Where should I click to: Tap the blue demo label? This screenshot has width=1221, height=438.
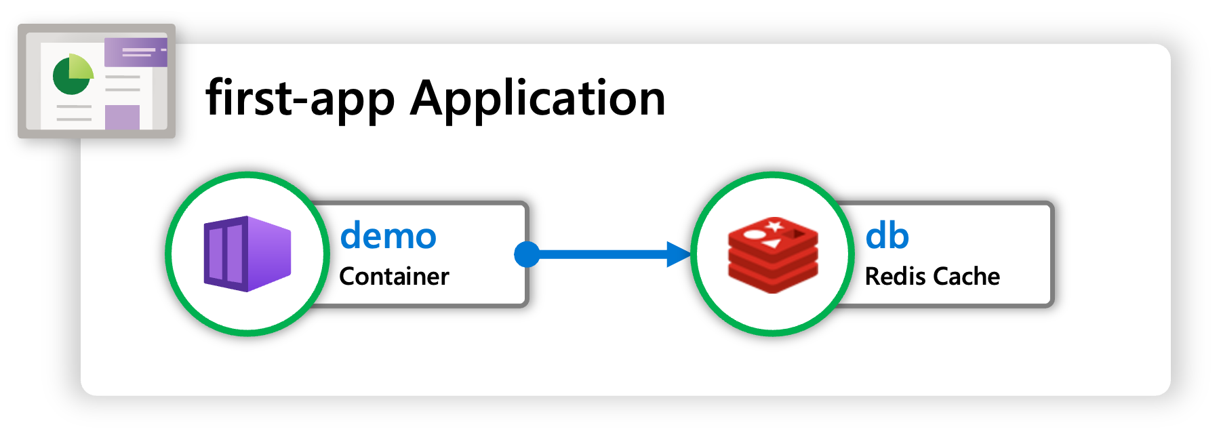point(388,236)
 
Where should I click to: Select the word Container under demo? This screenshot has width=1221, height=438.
point(394,277)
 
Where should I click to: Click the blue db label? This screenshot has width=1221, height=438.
point(887,236)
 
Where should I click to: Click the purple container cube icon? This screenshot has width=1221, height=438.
point(247,254)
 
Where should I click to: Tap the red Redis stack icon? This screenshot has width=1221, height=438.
point(773,255)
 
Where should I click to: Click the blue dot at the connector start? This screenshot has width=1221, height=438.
point(527,254)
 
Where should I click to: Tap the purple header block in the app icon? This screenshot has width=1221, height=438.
point(136,52)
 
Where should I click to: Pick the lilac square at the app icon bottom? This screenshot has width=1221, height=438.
point(122,117)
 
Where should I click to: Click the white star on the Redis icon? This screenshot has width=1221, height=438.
point(774,226)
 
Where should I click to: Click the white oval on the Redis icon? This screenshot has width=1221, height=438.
point(754,235)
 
